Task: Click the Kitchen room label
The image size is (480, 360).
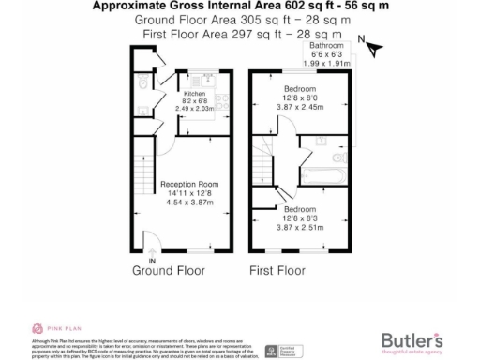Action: click(194, 95)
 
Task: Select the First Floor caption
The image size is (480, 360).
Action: click(277, 272)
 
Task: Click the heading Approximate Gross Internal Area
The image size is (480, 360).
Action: click(240, 6)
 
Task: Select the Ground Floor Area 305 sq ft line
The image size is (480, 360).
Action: click(240, 19)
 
